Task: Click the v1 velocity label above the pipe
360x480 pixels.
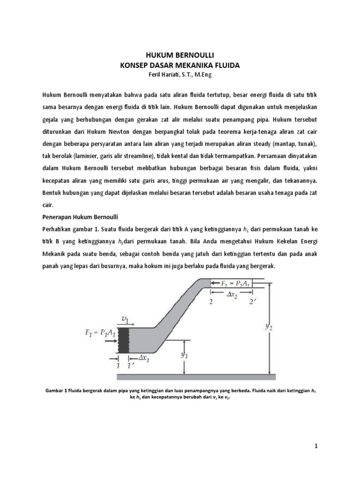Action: pos(126,319)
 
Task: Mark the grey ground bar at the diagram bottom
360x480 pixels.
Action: pos(195,377)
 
